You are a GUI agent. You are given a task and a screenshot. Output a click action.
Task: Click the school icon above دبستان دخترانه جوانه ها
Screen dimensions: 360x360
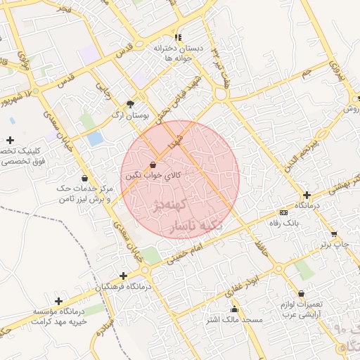(x=178, y=37)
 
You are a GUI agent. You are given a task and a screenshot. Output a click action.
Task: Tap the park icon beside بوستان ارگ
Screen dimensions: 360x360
(x=130, y=103)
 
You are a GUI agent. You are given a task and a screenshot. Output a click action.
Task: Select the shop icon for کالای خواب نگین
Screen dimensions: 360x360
(x=153, y=165)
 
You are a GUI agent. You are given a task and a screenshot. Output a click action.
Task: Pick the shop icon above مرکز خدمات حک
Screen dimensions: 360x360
(x=85, y=178)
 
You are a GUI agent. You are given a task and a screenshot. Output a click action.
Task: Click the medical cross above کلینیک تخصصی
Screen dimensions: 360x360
(x=10, y=141)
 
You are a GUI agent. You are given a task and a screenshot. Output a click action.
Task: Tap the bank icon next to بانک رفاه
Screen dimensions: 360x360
(x=283, y=212)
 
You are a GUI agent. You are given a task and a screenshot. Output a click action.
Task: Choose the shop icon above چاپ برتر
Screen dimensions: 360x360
(x=335, y=234)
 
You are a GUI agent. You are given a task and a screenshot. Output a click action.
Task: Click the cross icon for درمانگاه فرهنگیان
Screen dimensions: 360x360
(x=124, y=276)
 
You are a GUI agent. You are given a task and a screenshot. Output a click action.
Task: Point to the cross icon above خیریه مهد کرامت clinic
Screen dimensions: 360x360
(x=58, y=301)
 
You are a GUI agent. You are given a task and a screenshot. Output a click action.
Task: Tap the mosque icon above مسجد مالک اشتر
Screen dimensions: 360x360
(x=234, y=309)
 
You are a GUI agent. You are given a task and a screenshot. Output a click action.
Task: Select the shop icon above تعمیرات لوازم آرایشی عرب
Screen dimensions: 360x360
(x=302, y=294)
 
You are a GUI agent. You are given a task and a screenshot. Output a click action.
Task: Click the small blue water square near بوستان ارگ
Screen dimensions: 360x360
(x=95, y=139)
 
